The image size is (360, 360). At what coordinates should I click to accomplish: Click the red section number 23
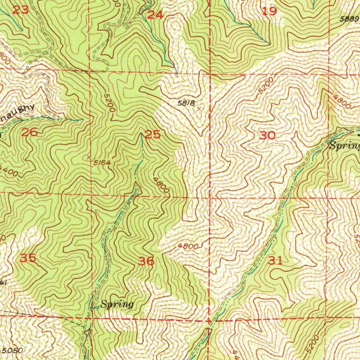click(20, 10)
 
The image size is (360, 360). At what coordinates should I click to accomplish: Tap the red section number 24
click(155, 15)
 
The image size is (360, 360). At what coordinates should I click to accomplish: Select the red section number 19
click(270, 11)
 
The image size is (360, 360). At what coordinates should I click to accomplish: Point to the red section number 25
click(153, 134)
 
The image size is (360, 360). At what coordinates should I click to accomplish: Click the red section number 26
click(29, 133)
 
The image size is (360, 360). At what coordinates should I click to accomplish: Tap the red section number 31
click(275, 261)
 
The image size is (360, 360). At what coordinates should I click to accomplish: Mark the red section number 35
click(28, 258)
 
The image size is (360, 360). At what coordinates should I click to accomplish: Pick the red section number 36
click(146, 261)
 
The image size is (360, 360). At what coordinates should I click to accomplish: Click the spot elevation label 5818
click(186, 103)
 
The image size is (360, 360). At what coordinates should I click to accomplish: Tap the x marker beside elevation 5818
click(200, 109)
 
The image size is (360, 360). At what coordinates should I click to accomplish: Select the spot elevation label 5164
click(102, 162)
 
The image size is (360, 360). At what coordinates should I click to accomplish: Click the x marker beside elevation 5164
click(89, 157)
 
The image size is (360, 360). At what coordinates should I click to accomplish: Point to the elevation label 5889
click(349, 19)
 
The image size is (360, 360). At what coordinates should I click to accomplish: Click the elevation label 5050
click(12, 351)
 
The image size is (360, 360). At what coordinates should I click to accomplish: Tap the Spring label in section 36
click(117, 304)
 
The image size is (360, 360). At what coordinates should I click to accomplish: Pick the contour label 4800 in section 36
click(188, 246)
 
